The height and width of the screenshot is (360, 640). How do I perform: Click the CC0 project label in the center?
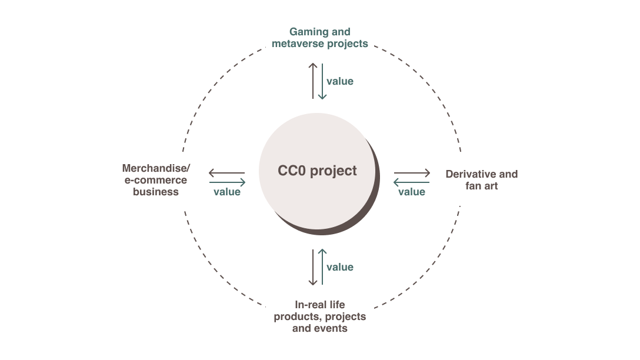(x=317, y=171)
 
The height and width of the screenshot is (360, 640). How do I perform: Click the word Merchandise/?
(x=156, y=168)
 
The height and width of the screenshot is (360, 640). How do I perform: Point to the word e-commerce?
(x=156, y=180)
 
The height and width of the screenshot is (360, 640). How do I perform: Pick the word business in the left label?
(x=156, y=192)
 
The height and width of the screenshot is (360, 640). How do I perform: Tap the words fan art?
(x=481, y=186)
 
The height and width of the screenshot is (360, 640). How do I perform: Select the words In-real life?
(x=319, y=305)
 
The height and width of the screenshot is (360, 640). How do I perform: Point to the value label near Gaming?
(x=340, y=81)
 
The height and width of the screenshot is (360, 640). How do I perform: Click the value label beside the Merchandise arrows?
(x=227, y=192)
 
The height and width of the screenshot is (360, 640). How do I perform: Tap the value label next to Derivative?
(x=412, y=192)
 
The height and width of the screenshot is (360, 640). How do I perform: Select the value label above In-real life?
(x=340, y=267)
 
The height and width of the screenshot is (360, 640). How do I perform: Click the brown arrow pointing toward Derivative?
(x=412, y=174)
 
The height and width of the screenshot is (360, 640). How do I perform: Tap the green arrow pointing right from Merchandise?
(x=227, y=182)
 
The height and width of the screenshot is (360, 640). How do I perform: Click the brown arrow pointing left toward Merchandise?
(x=227, y=174)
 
